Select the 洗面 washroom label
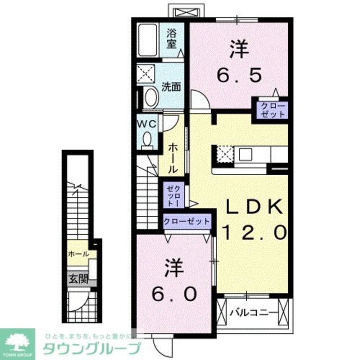point(171,87)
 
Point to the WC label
point(147,124)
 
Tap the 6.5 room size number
point(239,76)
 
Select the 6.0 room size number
point(174,294)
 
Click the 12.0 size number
point(255,232)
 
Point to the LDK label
point(254,207)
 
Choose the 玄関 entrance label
point(79,279)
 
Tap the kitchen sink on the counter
point(245,154)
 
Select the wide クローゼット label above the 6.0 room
point(187,221)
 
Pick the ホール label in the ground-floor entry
point(78,254)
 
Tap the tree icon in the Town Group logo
point(17,342)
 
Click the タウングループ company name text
point(91,348)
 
